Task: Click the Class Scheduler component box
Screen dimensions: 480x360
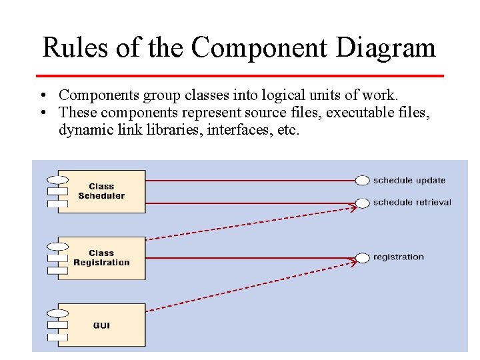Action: pyautogui.click(x=101, y=191)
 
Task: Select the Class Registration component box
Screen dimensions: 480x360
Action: pyautogui.click(x=101, y=258)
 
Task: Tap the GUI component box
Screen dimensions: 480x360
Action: pyautogui.click(x=101, y=325)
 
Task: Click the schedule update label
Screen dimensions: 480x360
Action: pyautogui.click(x=409, y=180)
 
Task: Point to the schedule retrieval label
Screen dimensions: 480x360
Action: pyautogui.click(x=412, y=203)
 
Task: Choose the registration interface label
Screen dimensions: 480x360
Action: pyautogui.click(x=399, y=257)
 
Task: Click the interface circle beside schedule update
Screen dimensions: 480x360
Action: pyautogui.click(x=363, y=180)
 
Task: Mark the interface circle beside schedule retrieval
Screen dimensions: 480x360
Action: pyautogui.click(x=363, y=203)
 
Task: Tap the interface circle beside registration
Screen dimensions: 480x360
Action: pyautogui.click(x=363, y=257)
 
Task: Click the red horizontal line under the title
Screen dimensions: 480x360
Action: pyautogui.click(x=240, y=75)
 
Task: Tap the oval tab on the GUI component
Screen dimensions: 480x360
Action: pyautogui.click(x=58, y=313)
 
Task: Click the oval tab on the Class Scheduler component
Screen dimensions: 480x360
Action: pyautogui.click(x=58, y=179)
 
